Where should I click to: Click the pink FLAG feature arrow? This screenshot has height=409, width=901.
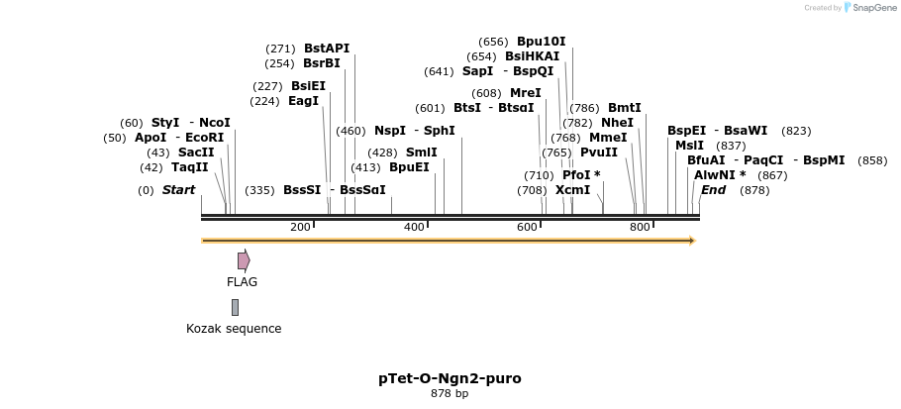(244, 260)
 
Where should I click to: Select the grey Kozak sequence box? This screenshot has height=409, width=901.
(235, 307)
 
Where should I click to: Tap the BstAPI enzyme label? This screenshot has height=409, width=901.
(327, 48)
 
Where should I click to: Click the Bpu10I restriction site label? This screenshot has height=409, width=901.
(542, 42)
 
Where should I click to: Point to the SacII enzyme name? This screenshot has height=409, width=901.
(196, 153)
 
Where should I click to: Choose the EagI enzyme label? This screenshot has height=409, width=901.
(304, 101)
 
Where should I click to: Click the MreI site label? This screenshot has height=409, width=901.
(526, 93)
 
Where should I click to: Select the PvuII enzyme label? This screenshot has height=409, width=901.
(599, 153)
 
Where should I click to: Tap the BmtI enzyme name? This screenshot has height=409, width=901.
(625, 108)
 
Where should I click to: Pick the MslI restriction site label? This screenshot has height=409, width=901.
(689, 146)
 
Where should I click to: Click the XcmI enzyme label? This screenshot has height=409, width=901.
(572, 190)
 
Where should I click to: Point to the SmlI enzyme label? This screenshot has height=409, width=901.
(422, 153)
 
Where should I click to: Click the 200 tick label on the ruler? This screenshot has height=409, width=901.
(300, 228)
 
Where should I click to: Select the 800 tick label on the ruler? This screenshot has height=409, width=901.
(640, 228)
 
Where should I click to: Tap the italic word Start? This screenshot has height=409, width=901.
(179, 190)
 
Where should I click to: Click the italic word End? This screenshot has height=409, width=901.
(714, 190)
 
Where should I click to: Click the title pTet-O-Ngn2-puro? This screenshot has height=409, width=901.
(450, 378)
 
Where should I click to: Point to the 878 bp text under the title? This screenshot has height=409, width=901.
(450, 394)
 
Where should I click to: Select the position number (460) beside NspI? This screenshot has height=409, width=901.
(350, 131)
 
